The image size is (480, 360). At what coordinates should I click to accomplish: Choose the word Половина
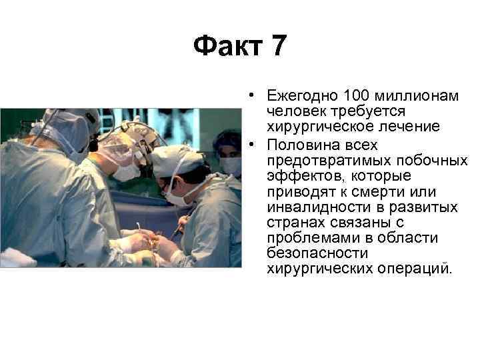click(297, 145)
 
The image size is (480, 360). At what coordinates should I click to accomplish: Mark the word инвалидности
click(311, 207)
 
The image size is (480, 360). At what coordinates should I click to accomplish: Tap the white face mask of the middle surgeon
click(127, 172)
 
